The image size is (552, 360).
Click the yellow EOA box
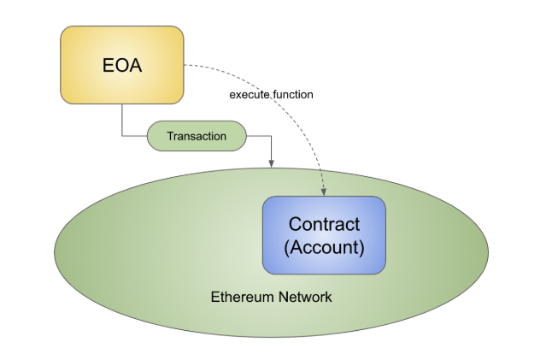tap(122, 65)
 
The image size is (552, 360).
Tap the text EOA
tap(122, 65)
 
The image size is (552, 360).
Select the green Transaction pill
tap(197, 136)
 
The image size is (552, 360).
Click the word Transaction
tap(197, 136)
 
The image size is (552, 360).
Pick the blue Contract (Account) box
tap(324, 235)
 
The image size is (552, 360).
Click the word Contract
tap(324, 224)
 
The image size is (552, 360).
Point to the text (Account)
tap(324, 247)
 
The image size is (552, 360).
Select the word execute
tap(250, 95)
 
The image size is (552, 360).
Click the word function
tap(293, 94)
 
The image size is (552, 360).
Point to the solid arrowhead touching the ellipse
tap(272, 163)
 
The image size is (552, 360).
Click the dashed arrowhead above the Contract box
tap(324, 192)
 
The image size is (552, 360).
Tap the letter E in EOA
tap(109, 65)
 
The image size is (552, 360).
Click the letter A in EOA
tap(136, 65)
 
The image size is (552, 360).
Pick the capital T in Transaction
tap(170, 136)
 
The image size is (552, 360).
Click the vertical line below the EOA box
tap(122, 120)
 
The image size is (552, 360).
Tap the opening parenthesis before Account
tap(286, 248)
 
